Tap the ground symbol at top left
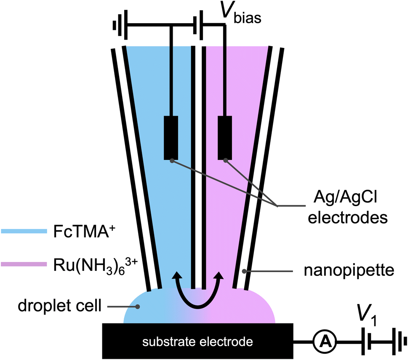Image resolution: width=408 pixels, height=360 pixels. pyautogui.click(x=117, y=25)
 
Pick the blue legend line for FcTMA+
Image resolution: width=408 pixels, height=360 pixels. pyautogui.click(x=23, y=231)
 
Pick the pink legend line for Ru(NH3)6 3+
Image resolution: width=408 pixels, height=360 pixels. pyautogui.click(x=23, y=264)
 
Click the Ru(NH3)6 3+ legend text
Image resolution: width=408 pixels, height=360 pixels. pyautogui.click(x=93, y=265)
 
